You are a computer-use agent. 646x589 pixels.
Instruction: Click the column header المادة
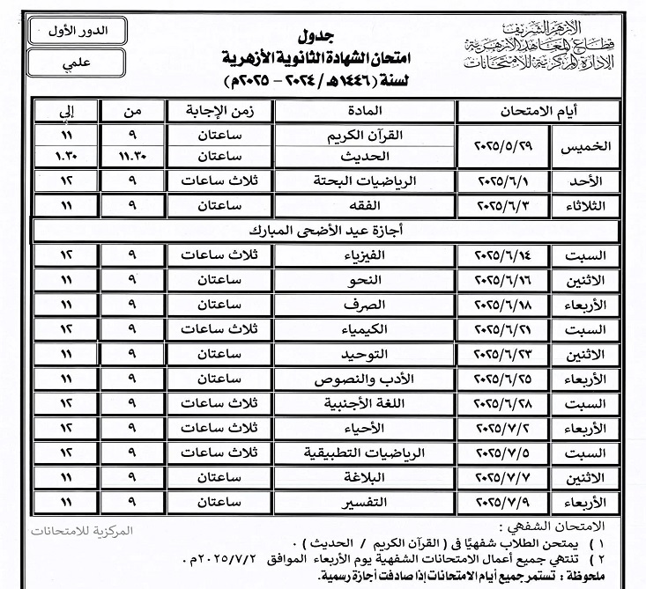pos(364,113)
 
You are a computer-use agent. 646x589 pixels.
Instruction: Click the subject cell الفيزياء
pos(364,256)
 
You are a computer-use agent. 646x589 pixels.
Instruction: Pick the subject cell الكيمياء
pos(364,328)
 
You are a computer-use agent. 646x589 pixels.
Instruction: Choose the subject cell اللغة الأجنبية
pos(364,404)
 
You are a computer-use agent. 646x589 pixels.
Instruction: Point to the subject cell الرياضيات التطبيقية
pos(364,453)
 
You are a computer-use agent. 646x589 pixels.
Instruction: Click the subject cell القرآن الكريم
pos(364,137)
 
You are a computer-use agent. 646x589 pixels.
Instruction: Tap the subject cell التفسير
pos(364,503)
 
